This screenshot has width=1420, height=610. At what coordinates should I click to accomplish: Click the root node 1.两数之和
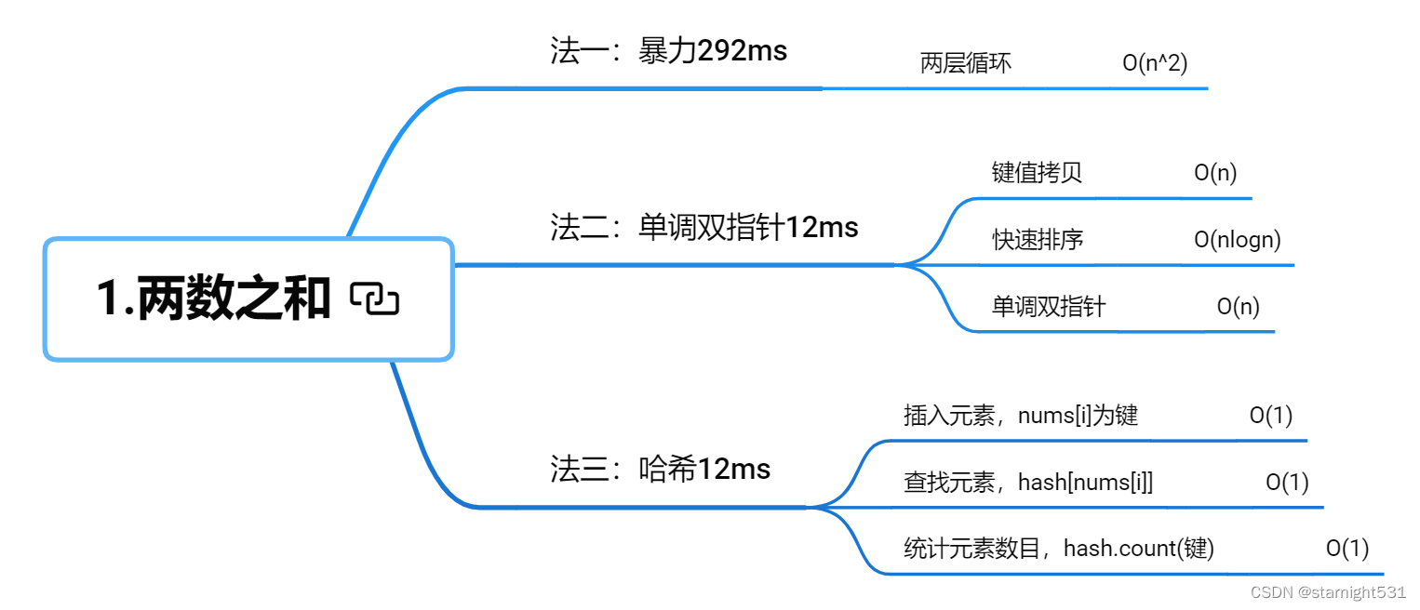point(214,298)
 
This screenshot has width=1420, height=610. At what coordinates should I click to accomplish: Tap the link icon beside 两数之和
point(375,298)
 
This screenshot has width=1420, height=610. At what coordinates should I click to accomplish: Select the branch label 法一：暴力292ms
point(668,50)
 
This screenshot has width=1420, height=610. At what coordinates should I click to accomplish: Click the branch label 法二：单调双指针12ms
point(703,227)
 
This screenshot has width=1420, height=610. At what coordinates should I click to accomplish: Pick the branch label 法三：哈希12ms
point(660,469)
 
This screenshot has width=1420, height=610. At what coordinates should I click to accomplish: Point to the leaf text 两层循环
point(965,63)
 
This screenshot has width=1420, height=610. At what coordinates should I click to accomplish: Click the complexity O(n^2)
point(1155,63)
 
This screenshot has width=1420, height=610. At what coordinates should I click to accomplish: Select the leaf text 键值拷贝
point(1037,173)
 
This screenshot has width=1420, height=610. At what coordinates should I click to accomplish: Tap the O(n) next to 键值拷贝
point(1215,173)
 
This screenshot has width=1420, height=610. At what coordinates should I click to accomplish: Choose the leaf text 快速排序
point(1037,240)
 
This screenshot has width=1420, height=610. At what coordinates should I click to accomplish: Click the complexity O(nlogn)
point(1237,240)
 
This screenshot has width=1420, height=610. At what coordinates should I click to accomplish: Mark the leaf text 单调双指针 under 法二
point(1048,307)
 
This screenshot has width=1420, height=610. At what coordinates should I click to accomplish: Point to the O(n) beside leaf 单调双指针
point(1238,307)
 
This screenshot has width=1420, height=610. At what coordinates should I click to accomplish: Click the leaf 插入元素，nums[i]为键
point(1021,415)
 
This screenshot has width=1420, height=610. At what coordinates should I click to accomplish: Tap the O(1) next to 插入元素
point(1270,415)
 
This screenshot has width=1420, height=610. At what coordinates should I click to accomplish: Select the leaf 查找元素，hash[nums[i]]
point(1028,482)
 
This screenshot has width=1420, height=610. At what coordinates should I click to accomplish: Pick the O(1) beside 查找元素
point(1287,482)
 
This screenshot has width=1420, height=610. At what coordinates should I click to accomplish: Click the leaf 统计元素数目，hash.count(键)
point(1058,549)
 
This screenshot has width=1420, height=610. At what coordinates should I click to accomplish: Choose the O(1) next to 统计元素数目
point(1347,549)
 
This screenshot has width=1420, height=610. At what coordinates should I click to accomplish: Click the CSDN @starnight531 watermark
point(1328,592)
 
